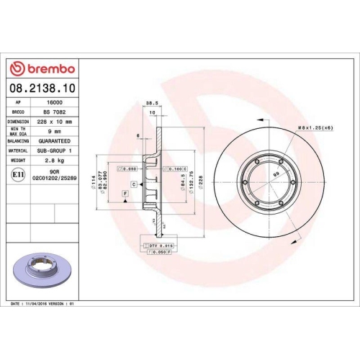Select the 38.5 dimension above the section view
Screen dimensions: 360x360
point(152,103)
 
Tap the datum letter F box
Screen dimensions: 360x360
point(125,194)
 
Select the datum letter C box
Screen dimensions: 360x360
point(134,184)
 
